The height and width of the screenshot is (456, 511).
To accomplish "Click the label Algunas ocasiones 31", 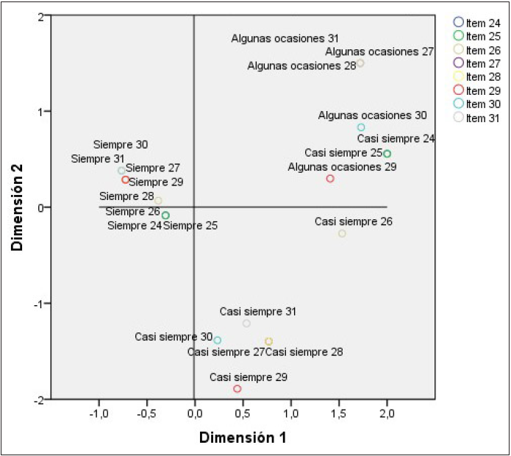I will [x=285, y=38].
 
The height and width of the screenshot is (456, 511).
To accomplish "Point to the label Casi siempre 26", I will [x=353, y=221].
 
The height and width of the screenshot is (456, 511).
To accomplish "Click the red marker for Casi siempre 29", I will [x=237, y=389].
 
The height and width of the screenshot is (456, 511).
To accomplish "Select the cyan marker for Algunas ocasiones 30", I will [x=361, y=127].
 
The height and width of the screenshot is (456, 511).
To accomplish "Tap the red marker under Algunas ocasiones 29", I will [x=330, y=179].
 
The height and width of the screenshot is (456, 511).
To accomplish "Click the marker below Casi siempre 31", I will [x=246, y=324].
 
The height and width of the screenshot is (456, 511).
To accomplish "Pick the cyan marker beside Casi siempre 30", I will [x=218, y=340].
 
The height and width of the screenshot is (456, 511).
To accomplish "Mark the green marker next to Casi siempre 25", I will [x=387, y=154].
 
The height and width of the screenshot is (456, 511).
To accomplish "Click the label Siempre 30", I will [x=121, y=145].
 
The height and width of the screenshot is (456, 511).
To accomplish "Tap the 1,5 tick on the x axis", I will [x=339, y=413].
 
